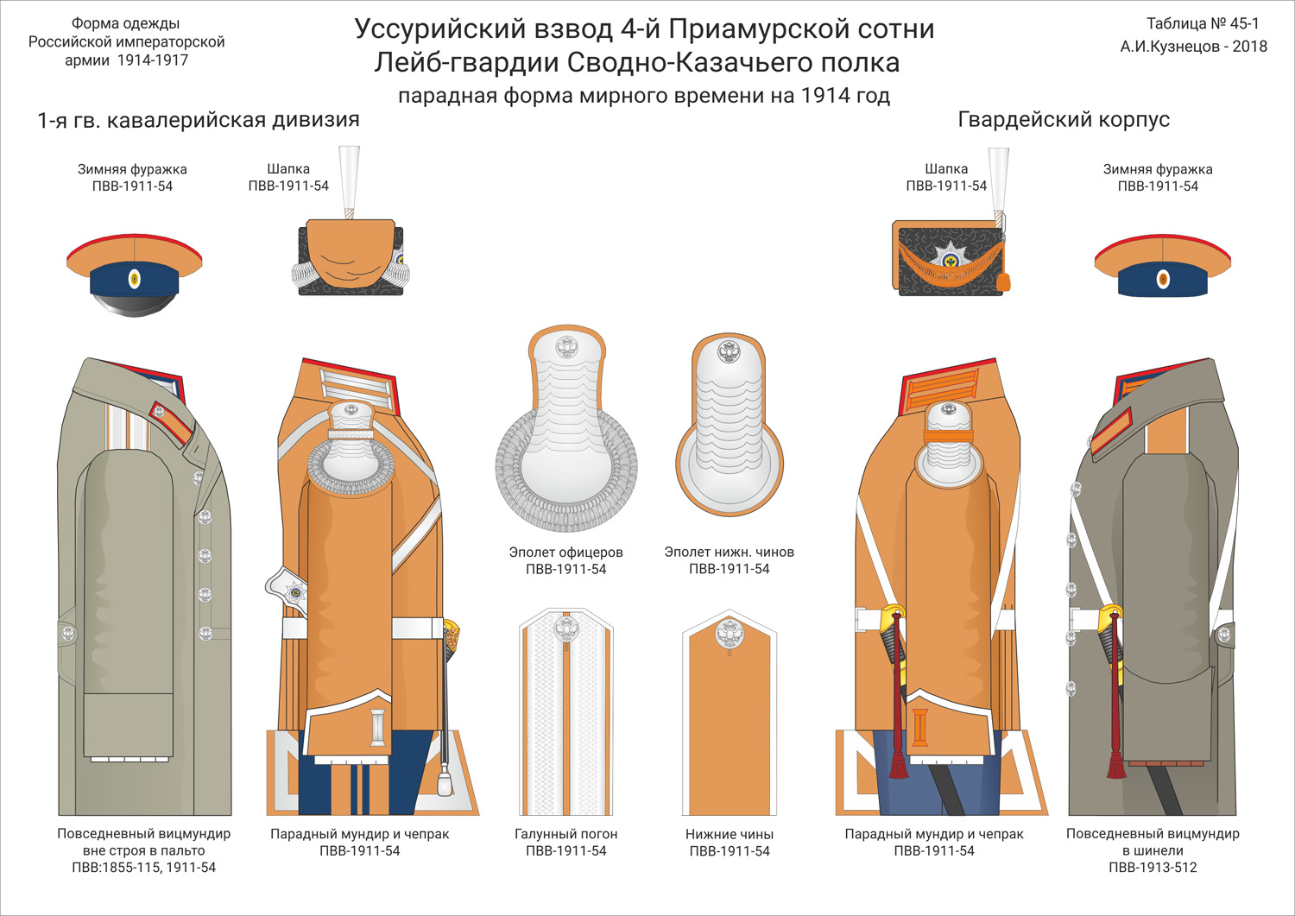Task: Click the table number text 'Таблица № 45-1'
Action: (1202, 23)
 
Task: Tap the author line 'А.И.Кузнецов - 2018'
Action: (1194, 47)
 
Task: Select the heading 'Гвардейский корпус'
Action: (1064, 120)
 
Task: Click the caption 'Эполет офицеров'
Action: (566, 553)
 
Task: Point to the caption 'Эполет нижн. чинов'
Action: (729, 553)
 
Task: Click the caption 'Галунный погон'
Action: (566, 834)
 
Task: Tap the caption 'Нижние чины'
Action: (730, 834)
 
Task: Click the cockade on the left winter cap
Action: (134, 280)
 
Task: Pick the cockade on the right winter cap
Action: (1163, 280)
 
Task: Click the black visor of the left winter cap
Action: (134, 303)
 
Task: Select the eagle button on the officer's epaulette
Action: (566, 348)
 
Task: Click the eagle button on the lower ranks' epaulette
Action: (729, 351)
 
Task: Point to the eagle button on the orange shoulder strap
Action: (729, 633)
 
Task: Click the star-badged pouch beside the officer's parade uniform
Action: (287, 590)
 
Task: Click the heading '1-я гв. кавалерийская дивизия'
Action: (199, 120)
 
